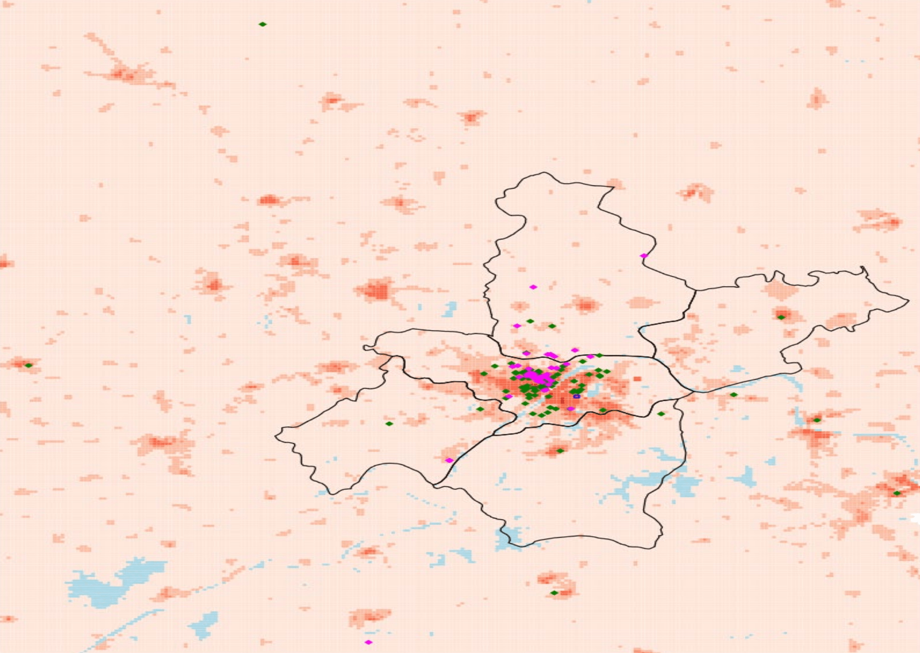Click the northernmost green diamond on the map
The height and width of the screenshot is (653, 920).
coord(263,24)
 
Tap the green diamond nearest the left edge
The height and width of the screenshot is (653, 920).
coord(28,365)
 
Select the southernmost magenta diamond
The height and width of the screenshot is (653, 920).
coord(369,642)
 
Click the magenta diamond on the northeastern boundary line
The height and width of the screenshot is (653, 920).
coord(644,256)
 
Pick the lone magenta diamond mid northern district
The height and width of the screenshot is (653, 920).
coord(533,287)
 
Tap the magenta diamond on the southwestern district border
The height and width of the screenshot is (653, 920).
coord(449,460)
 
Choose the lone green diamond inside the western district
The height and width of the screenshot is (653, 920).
coord(389,424)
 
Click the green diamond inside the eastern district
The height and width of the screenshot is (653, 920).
coord(781,318)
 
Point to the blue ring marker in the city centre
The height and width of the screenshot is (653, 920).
coord(577,397)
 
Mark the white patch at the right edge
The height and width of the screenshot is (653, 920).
coord(916,518)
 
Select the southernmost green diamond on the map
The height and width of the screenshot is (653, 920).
coord(554,593)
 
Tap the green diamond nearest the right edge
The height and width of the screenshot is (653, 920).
coord(897,494)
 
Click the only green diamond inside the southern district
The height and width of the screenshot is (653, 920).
coord(560,451)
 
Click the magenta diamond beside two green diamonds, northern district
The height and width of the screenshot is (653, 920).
coord(517,326)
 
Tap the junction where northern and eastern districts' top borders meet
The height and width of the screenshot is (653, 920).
coord(695,290)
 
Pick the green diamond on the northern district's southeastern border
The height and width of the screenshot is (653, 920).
coord(599,356)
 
